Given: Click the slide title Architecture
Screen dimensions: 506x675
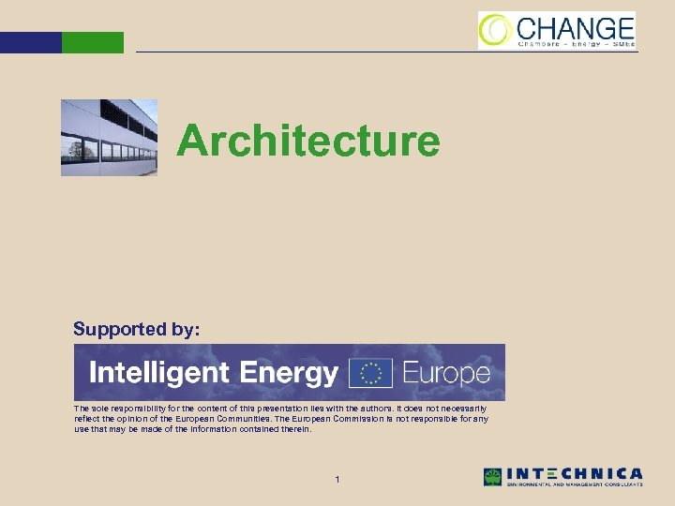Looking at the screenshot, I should coord(308,141).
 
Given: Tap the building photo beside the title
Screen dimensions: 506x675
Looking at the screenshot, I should coord(109,138).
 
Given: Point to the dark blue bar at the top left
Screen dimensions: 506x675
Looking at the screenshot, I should coord(30,42).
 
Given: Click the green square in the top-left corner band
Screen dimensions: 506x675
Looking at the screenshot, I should coord(92,42).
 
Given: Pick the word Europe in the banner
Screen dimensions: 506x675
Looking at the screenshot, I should coord(446,373).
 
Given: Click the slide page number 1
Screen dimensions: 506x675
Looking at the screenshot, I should coord(337,480).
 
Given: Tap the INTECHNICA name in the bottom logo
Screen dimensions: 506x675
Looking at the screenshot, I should coord(575,473).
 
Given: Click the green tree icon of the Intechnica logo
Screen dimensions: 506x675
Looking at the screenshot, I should coord(492,477).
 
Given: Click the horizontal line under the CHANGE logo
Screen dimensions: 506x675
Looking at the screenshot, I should coord(375,52).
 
